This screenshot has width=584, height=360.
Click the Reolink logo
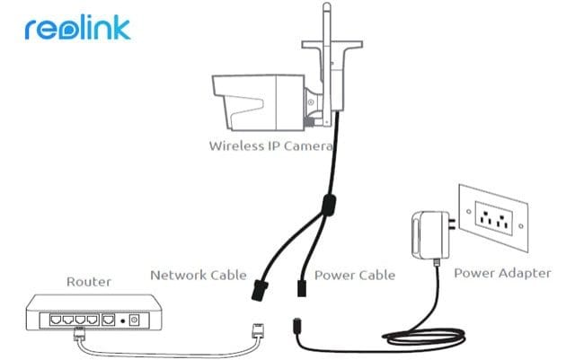pyautogui.click(x=77, y=28)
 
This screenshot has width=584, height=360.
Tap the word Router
pyautogui.click(x=89, y=282)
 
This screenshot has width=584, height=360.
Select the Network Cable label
pyautogui.click(x=199, y=275)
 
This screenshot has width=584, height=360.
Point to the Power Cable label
pyautogui.click(x=355, y=275)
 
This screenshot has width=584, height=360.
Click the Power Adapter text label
pyautogui.click(x=502, y=273)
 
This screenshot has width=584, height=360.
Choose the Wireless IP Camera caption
pyautogui.click(x=270, y=145)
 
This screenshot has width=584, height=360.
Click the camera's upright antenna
pyautogui.click(x=327, y=63)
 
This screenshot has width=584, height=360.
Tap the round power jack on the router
pyautogui.click(x=134, y=320)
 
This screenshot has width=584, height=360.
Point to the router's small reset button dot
pyautogui.click(x=122, y=320)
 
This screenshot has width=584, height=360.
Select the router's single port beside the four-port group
pyautogui.click(x=108, y=320)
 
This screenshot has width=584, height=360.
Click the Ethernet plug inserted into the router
pyautogui.click(x=79, y=332)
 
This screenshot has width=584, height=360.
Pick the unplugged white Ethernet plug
pyautogui.click(x=258, y=330)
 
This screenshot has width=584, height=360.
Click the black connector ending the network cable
pyautogui.click(x=260, y=291)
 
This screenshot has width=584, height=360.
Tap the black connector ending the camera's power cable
pyautogui.click(x=302, y=288)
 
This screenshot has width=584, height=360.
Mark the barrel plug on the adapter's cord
pyautogui.click(x=296, y=327)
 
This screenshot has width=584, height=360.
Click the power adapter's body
pyautogui.click(x=429, y=235)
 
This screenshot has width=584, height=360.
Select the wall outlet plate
pyautogui.click(x=494, y=218)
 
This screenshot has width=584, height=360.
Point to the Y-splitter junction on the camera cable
pyautogui.click(x=329, y=205)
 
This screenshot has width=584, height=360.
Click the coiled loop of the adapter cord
pyautogui.click(x=424, y=337)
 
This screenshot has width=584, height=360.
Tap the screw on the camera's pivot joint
pyautogui.click(x=311, y=102)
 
